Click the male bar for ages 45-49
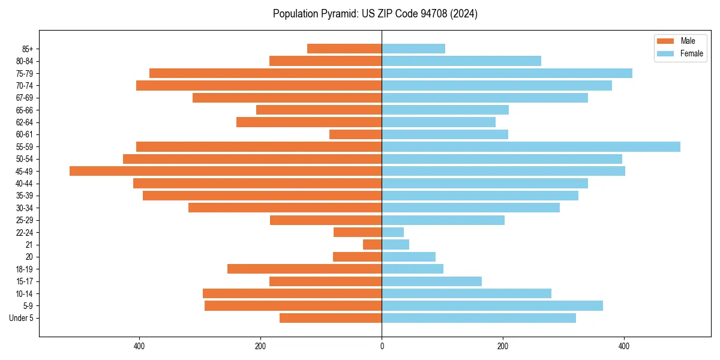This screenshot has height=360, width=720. click(x=226, y=171)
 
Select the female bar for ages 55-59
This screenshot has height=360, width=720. click(x=531, y=146)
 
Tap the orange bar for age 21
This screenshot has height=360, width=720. click(x=373, y=244)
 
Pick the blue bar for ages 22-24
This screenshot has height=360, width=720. click(x=393, y=232)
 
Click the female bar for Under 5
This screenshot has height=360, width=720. click(x=479, y=318)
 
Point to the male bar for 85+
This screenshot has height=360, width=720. click(x=344, y=49)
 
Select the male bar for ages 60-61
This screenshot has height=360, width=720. click(x=356, y=134)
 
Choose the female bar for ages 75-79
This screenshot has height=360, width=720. click(x=507, y=73)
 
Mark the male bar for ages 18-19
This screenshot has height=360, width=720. click(x=305, y=269)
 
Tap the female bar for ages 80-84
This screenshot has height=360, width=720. click(x=461, y=61)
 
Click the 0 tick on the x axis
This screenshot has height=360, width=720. click(x=382, y=346)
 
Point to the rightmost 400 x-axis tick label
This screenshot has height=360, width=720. click(x=624, y=346)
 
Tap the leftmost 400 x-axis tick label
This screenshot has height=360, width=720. click(x=139, y=346)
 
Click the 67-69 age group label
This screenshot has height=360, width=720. click(x=25, y=98)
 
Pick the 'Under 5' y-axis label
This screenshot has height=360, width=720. click(x=22, y=318)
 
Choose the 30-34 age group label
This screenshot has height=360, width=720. click(x=25, y=208)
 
